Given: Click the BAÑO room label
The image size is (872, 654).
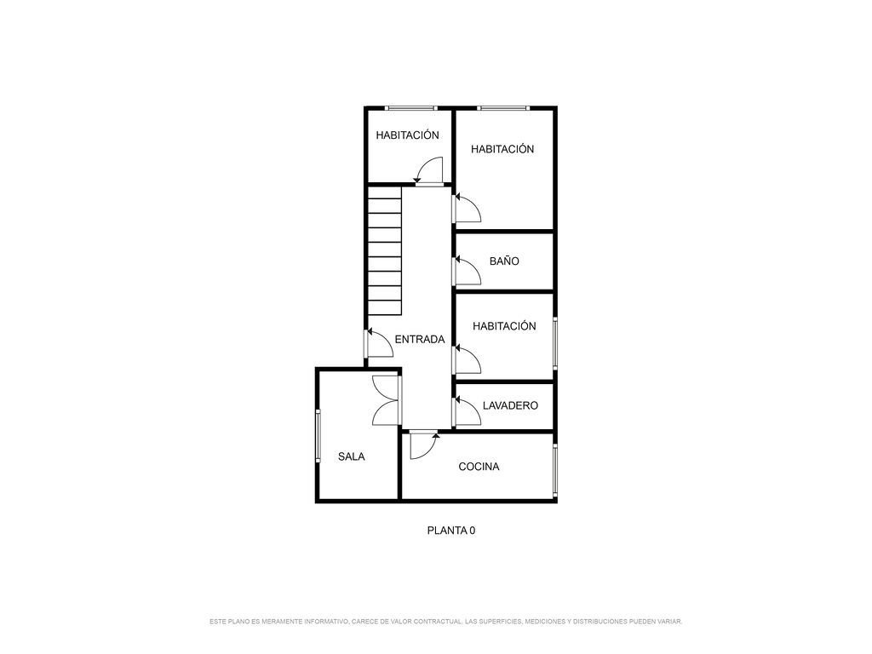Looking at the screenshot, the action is pyautogui.click(x=504, y=261).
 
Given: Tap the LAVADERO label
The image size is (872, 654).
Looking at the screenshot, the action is pyautogui.click(x=510, y=405).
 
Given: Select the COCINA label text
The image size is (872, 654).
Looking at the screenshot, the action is pyautogui.click(x=479, y=467).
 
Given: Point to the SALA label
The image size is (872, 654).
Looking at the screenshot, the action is pyautogui.click(x=352, y=456).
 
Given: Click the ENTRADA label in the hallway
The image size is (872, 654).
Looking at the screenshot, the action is pyautogui.click(x=420, y=339).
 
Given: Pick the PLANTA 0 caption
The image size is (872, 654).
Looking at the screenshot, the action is pyautogui.click(x=451, y=531).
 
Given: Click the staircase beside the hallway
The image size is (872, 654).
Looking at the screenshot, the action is pyautogui.click(x=384, y=251).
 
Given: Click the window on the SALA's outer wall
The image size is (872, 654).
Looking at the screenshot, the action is pyautogui.click(x=318, y=436).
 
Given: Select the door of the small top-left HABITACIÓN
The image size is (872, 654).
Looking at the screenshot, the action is pyautogui.click(x=429, y=170).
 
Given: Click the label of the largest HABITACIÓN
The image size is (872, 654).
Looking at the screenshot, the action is pyautogui.click(x=502, y=149).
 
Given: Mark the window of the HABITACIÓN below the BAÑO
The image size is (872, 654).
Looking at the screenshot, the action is pyautogui.click(x=554, y=343).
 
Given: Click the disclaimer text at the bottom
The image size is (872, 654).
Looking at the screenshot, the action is pyautogui.click(x=445, y=621).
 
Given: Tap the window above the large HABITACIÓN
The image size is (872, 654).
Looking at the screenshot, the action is pyautogui.click(x=502, y=108).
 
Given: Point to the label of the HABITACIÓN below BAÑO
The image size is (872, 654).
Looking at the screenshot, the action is pyautogui.click(x=504, y=326).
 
